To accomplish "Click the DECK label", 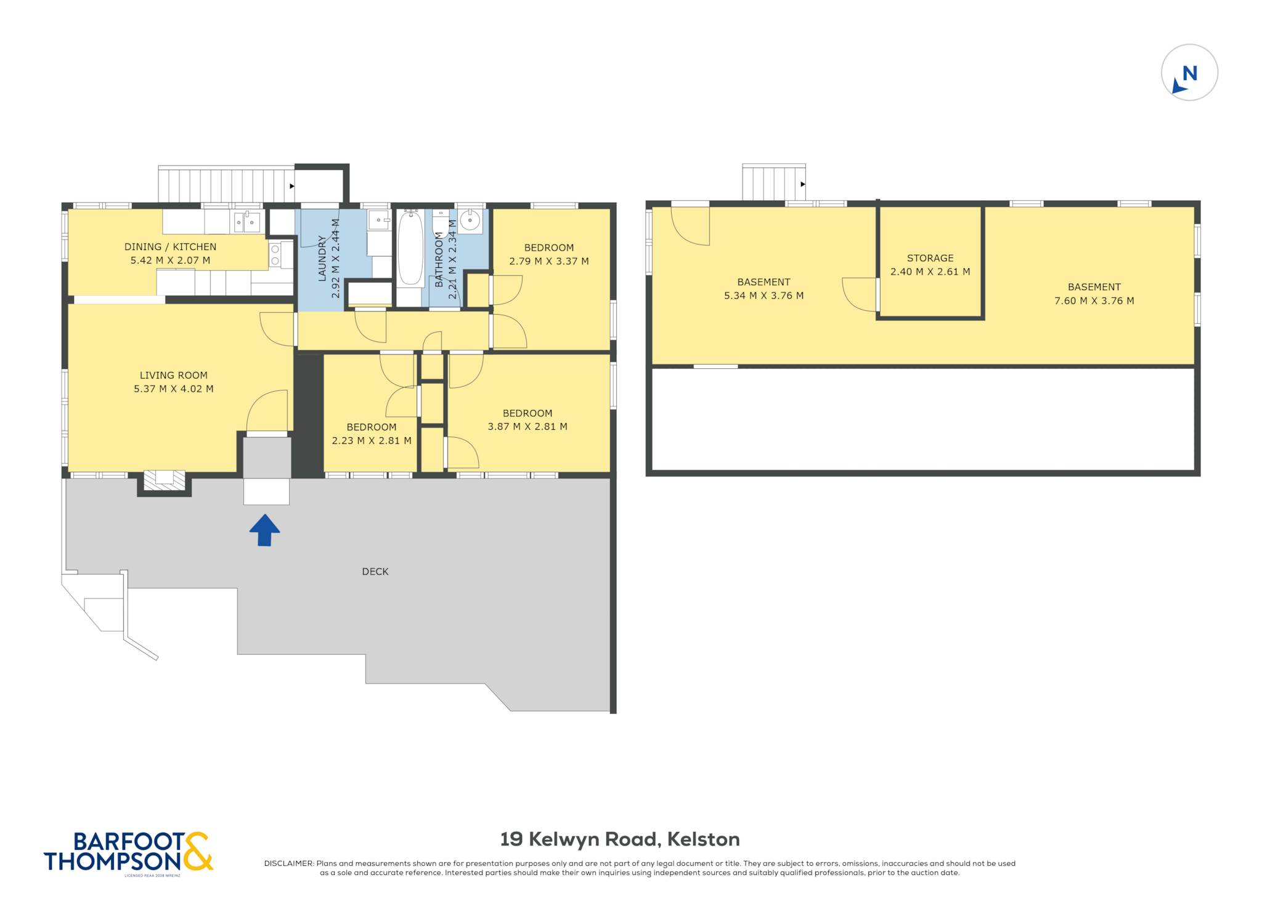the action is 375,571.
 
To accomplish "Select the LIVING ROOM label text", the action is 174,375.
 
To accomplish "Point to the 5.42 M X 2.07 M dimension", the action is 170,260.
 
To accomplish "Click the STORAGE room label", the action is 930,258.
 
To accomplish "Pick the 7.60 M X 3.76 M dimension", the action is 1094,301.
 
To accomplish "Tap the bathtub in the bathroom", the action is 410,249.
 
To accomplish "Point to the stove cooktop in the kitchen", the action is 275,255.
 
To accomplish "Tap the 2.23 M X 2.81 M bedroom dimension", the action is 372,440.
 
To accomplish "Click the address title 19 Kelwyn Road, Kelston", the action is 620,839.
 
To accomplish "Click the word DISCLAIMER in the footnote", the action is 289,863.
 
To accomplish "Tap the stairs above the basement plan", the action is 773,182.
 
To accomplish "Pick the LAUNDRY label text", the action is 322,259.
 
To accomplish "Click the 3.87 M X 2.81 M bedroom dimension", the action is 527,426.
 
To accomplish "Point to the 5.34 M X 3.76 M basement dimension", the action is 763,296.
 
